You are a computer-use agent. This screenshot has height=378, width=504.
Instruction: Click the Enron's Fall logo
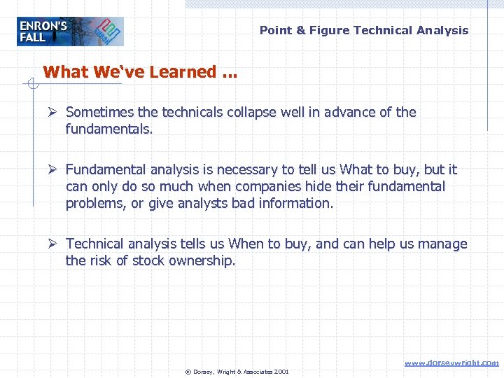coord(70,31)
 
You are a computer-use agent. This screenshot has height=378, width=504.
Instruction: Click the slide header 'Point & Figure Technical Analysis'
coord(364,30)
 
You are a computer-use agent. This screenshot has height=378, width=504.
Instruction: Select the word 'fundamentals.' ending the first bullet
coord(108,129)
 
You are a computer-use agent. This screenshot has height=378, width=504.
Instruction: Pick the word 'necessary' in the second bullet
coord(249,169)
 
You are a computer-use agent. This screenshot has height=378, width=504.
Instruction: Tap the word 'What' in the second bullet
coord(356,169)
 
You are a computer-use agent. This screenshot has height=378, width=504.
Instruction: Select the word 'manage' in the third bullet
coord(443,244)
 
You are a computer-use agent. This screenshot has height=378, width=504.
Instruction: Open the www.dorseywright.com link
coord(452,363)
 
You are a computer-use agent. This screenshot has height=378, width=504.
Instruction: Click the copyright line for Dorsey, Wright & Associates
coord(237,371)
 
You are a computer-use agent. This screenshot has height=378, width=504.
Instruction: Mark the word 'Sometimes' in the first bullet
coord(98,112)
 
